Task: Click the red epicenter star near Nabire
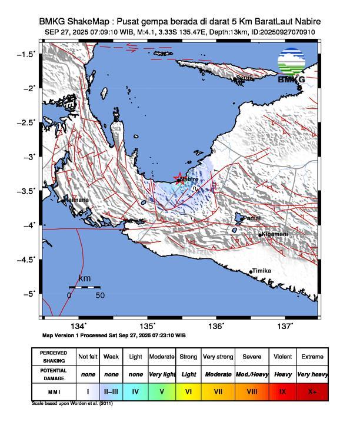click(179, 178)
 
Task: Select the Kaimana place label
click(77, 200)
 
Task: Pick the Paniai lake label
click(252, 218)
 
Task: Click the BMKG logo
click(291, 67)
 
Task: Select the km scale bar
click(84, 287)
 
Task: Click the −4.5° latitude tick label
click(26, 260)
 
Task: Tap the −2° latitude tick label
click(29, 88)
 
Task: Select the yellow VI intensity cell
click(188, 391)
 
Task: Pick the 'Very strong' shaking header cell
click(218, 357)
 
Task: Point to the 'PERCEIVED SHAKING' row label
click(54, 357)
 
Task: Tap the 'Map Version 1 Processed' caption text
click(114, 335)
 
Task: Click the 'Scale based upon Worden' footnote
click(72, 404)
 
